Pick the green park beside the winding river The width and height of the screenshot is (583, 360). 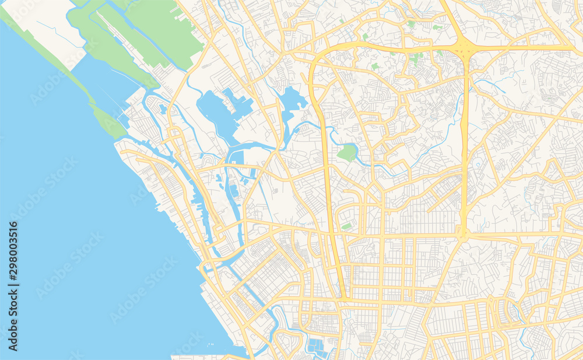click(347, 153)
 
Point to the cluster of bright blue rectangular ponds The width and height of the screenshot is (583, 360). click(317, 347)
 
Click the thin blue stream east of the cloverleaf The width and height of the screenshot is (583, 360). click(493, 85)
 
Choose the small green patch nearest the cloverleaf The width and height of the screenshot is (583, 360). click(438, 53)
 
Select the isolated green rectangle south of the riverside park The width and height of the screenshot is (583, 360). click(346, 226)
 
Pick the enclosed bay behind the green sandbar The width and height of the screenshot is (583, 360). click(105, 88)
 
